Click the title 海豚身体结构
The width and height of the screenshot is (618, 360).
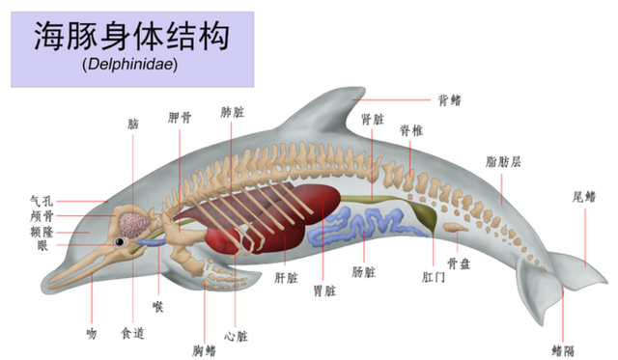click(x=131, y=38)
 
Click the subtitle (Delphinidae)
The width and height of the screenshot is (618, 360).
click(x=131, y=68)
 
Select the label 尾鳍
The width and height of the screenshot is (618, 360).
click(x=584, y=198)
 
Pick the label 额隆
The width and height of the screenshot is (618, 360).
click(x=42, y=231)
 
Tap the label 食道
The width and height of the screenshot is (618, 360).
click(x=131, y=333)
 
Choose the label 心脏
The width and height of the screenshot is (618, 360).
click(x=236, y=337)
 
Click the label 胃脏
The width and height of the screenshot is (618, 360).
click(x=323, y=290)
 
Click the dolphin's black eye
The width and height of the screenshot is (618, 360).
click(x=121, y=241)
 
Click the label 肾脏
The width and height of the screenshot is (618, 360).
click(x=373, y=120)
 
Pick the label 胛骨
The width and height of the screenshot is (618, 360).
click(x=180, y=118)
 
